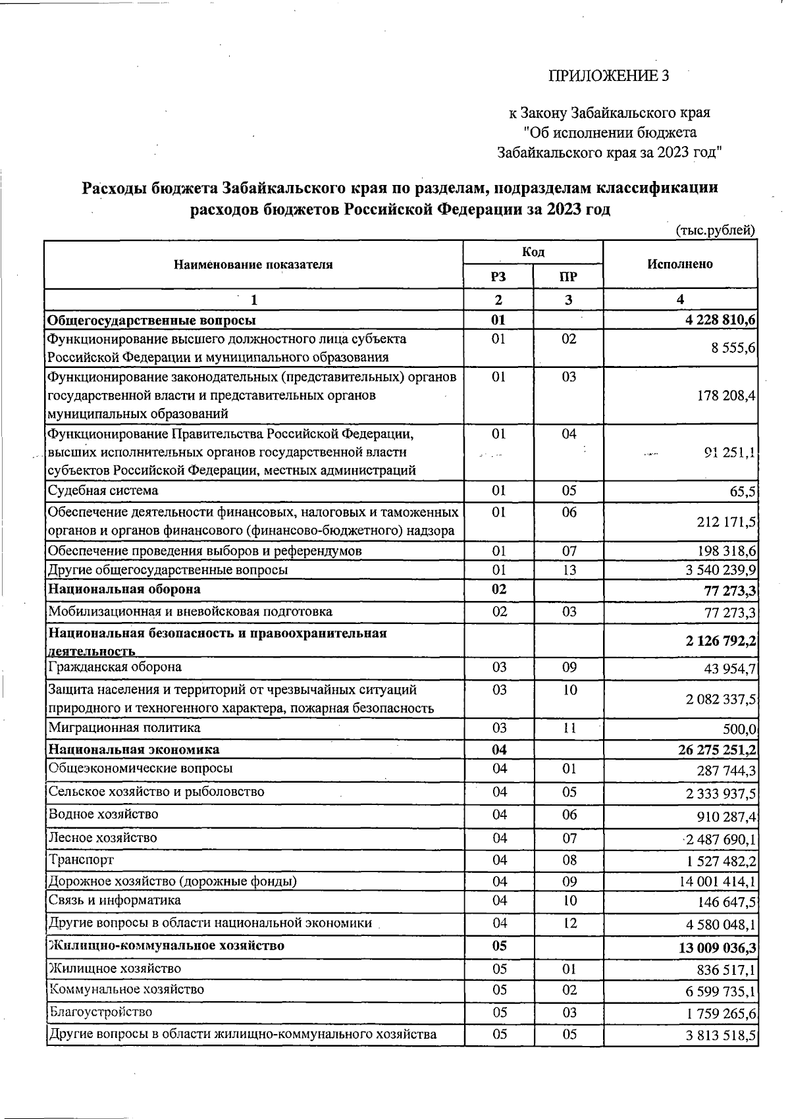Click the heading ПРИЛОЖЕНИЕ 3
(x=608, y=76)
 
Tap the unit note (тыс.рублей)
(x=715, y=230)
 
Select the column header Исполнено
(x=679, y=264)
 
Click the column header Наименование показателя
(x=253, y=265)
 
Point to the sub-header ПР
(x=568, y=276)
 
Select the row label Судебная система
(x=103, y=490)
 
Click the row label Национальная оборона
(x=124, y=588)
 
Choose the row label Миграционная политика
(x=124, y=727)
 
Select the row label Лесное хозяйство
(x=103, y=837)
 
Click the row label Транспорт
(x=81, y=860)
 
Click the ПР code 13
(x=568, y=569)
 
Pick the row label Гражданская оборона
(x=115, y=667)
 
